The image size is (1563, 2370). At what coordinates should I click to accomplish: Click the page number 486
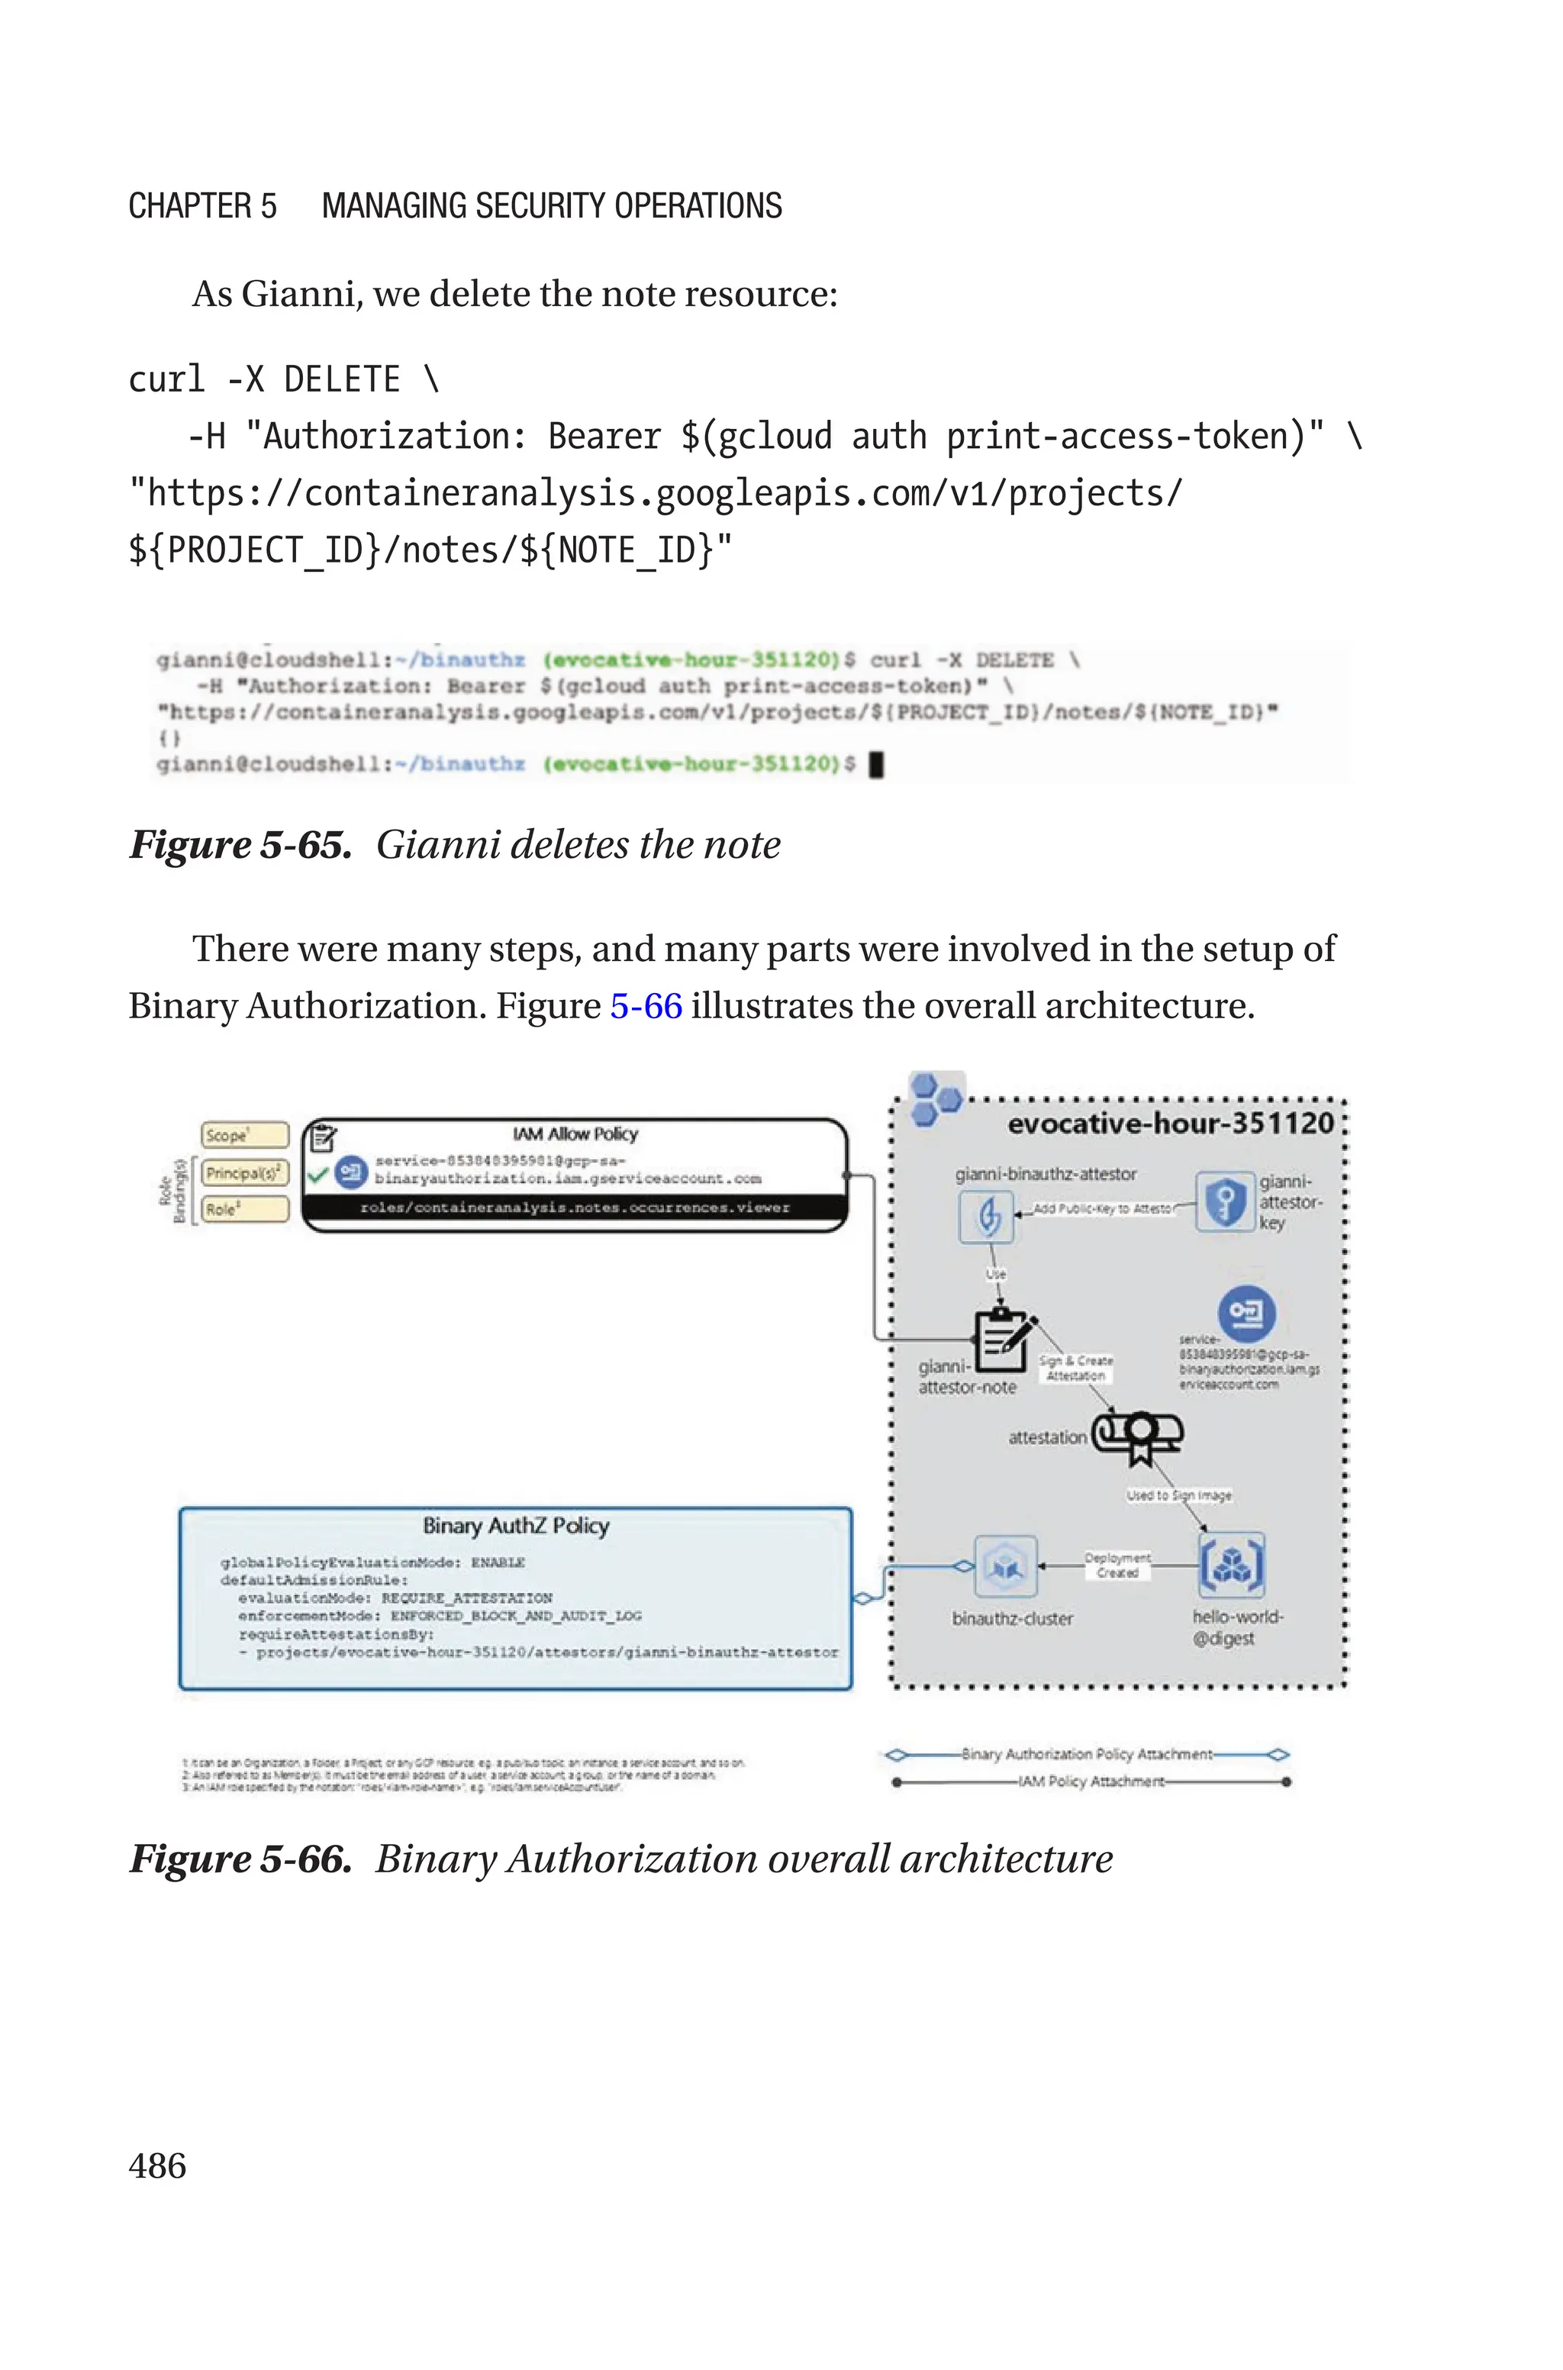click(x=156, y=2165)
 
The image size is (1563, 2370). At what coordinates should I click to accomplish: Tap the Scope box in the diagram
click(x=244, y=1135)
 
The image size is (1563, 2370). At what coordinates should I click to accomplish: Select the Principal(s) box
click(x=244, y=1172)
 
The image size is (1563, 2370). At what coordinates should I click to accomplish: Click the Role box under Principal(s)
click(x=244, y=1209)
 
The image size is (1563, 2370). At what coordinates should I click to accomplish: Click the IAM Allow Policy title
click(x=575, y=1134)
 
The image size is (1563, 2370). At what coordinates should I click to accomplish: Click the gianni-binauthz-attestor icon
click(x=986, y=1216)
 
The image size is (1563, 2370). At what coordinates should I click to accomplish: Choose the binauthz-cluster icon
click(x=1005, y=1565)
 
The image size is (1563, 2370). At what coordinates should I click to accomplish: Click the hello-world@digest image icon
click(x=1232, y=1565)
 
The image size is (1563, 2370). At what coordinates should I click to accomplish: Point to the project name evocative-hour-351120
click(x=1170, y=1124)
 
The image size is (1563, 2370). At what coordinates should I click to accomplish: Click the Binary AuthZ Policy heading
click(x=515, y=1526)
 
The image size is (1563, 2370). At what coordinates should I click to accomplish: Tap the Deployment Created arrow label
click(x=1117, y=1565)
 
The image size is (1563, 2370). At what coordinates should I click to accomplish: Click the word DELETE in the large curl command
click(x=342, y=379)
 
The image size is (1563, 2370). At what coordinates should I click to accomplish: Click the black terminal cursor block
click(x=877, y=764)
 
